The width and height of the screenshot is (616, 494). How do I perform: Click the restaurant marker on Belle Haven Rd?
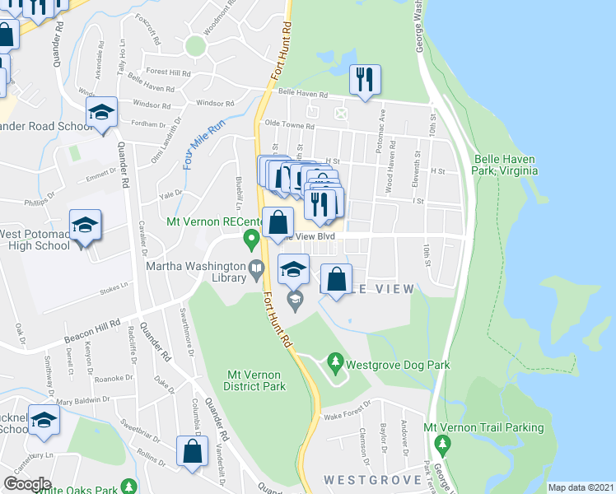pyautogui.click(x=363, y=80)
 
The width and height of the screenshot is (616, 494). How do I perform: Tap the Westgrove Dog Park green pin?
pyautogui.click(x=335, y=361)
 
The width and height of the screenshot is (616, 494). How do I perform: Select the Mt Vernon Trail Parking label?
pyautogui.click(x=483, y=427)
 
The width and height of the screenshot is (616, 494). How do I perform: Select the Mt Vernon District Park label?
pyautogui.click(x=256, y=380)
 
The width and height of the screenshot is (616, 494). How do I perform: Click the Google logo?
pyautogui.click(x=27, y=483)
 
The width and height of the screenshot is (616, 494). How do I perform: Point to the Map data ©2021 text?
pyautogui.click(x=580, y=487)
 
